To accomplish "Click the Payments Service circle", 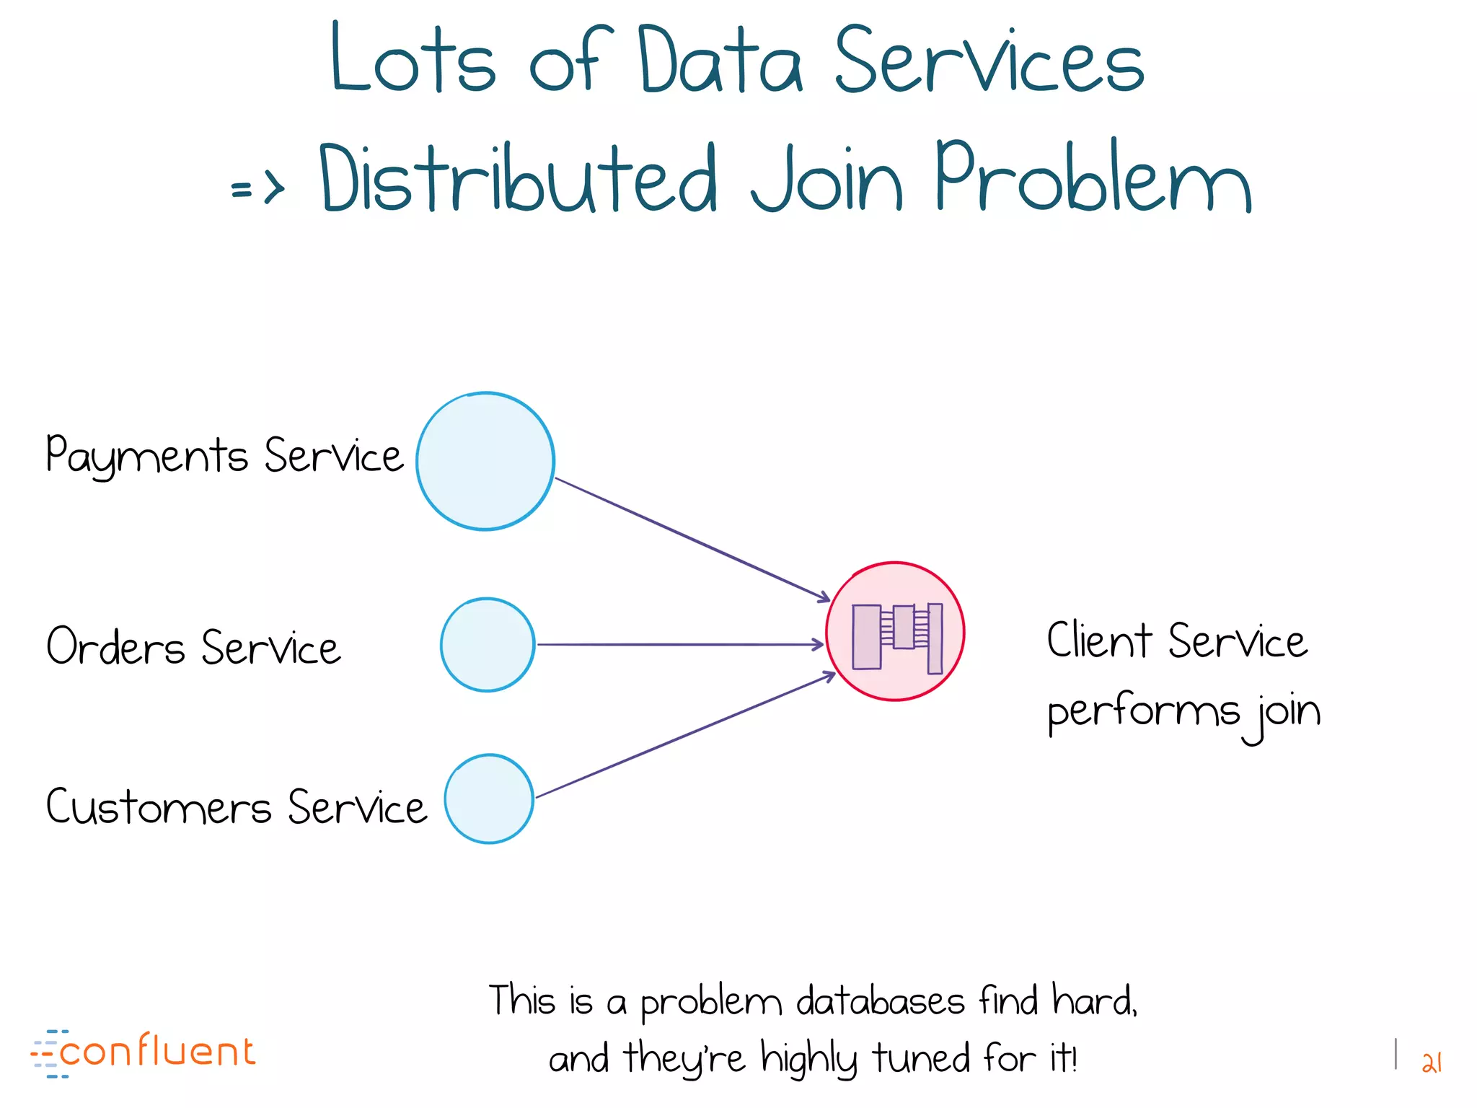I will point(485,462).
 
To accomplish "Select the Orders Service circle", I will point(488,644).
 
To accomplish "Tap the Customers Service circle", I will point(489,799).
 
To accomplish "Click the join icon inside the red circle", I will point(897,638).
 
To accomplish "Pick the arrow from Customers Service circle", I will point(685,736).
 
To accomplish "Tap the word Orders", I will point(116,646).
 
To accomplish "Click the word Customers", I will point(159,806).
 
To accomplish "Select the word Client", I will point(1099,641).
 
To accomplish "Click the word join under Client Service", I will point(1288,713).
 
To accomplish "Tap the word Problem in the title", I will point(1093,177).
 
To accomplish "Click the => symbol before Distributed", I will point(257,189).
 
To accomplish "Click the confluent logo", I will point(144,1052).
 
